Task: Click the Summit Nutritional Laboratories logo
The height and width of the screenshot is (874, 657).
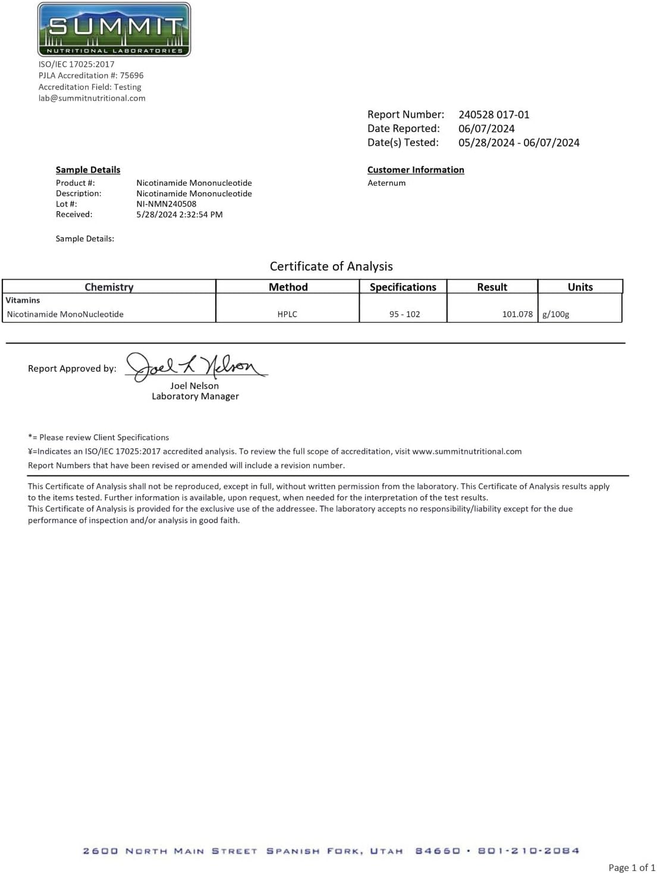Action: click(114, 30)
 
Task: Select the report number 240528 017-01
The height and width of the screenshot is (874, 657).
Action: click(493, 115)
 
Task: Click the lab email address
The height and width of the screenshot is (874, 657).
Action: click(92, 98)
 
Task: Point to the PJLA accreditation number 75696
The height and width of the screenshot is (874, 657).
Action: click(131, 76)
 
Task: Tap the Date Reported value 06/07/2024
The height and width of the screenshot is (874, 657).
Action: click(486, 129)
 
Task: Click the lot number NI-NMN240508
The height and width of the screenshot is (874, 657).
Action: click(166, 204)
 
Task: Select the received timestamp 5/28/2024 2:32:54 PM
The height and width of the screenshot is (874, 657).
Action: click(180, 215)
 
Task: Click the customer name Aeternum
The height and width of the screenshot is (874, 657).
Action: click(386, 183)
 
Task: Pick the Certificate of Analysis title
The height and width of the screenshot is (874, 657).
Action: click(331, 267)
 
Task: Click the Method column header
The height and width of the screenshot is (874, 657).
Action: click(288, 287)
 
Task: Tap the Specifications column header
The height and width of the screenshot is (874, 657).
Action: click(403, 287)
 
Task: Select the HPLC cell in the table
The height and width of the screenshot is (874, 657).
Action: click(287, 314)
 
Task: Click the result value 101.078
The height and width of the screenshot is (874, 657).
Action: click(517, 314)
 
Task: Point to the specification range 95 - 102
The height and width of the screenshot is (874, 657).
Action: click(404, 314)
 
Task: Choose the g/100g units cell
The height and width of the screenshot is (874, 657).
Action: click(556, 314)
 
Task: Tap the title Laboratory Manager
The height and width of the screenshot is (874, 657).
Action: click(195, 396)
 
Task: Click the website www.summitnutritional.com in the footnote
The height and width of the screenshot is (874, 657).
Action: click(467, 452)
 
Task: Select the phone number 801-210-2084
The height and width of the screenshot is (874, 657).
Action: click(528, 851)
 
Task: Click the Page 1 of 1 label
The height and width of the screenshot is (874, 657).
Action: click(631, 867)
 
